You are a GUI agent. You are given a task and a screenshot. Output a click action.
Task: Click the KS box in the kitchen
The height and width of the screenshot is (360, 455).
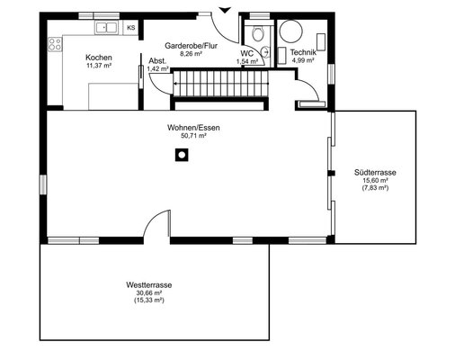tap(131, 28)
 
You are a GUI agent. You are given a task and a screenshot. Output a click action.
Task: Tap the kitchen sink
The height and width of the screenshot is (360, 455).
tap(106, 28)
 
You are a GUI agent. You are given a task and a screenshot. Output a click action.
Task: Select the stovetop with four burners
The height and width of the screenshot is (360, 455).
tap(55, 44)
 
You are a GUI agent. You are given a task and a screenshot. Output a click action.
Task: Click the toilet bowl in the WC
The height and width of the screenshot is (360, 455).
tap(257, 33)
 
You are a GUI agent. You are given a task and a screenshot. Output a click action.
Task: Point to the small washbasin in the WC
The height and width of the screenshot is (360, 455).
tap(265, 52)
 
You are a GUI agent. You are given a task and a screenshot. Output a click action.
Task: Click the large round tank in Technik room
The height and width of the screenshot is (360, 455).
tap(290, 31)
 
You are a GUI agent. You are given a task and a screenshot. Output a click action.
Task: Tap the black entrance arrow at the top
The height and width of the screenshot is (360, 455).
tap(225, 10)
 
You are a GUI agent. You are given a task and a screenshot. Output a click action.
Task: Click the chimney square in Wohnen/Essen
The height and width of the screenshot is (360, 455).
tap(182, 155)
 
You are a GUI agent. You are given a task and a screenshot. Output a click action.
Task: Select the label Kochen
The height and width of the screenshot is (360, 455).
tap(99, 58)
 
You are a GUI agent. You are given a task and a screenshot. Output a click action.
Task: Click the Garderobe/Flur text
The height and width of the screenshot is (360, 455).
tap(191, 46)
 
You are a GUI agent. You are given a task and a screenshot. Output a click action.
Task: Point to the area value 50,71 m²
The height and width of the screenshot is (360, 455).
tap(194, 135)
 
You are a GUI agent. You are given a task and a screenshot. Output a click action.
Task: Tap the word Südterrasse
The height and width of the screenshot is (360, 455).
tap(375, 173)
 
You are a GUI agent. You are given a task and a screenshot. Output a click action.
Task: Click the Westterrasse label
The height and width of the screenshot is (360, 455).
tap(149, 284)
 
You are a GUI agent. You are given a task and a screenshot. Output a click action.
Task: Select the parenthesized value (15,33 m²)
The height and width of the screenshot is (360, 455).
tap(149, 301)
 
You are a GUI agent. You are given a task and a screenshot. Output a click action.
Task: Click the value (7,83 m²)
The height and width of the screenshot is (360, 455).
tap(375, 188)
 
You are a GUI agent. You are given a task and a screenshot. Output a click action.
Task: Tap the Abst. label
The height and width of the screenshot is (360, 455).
tap(157, 61)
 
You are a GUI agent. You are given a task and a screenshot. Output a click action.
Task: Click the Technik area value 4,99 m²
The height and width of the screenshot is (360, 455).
tap(303, 60)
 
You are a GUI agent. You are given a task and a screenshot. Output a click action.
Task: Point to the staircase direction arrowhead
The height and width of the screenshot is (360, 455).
tap(175, 84)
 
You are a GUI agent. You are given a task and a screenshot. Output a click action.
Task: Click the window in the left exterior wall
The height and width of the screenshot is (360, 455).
tap(43, 184)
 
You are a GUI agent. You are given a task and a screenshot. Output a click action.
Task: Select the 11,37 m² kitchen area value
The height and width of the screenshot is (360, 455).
tap(99, 66)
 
